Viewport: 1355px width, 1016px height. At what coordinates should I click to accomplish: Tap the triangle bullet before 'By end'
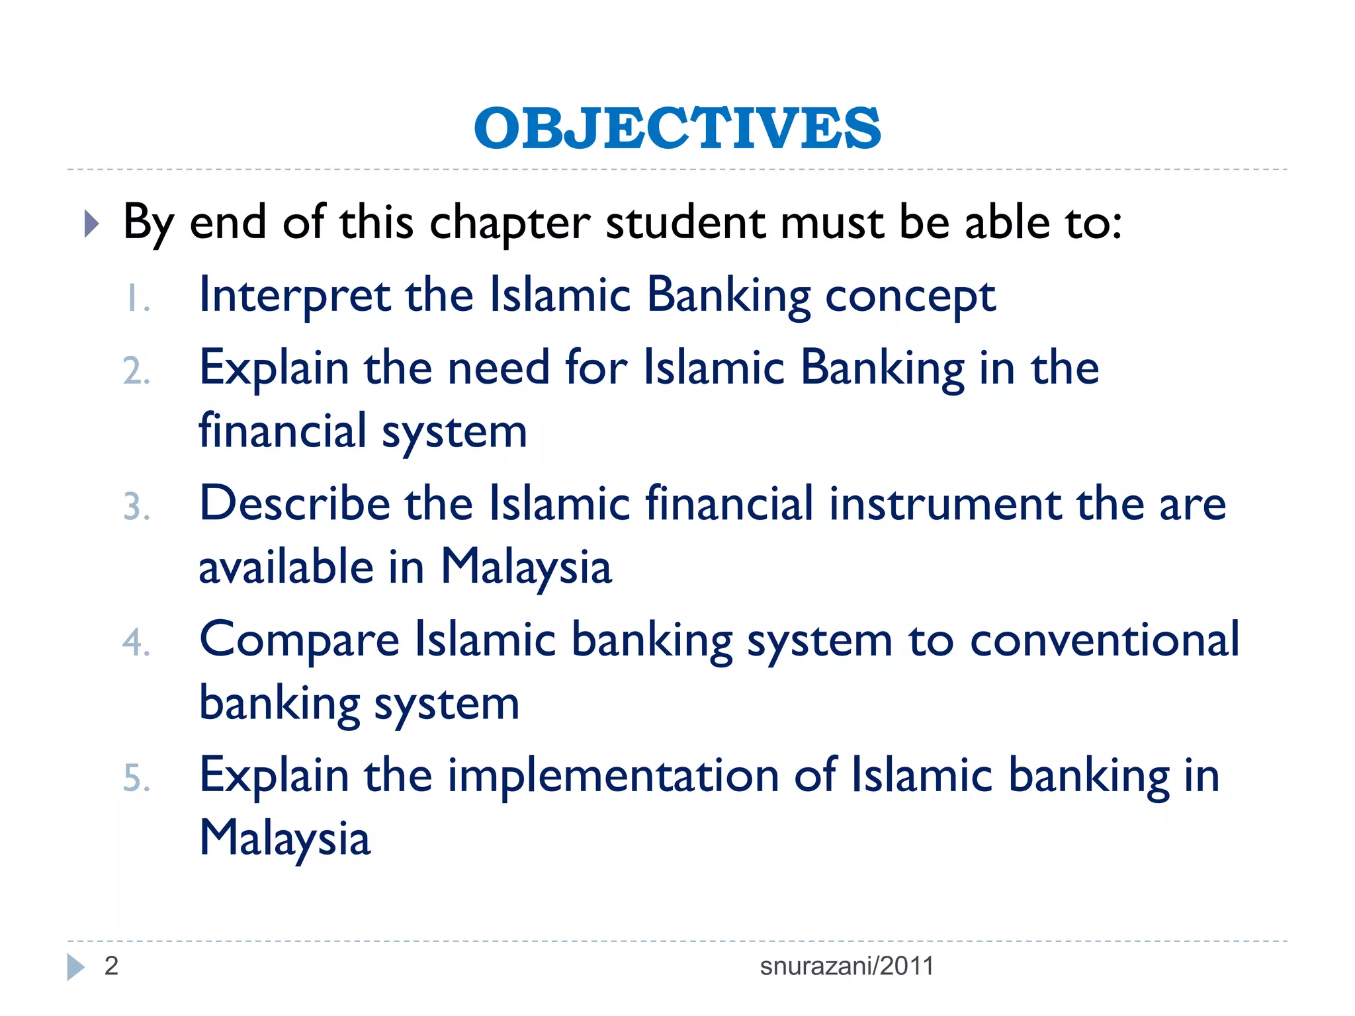pos(92,224)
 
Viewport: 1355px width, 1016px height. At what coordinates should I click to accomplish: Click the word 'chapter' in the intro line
pos(509,223)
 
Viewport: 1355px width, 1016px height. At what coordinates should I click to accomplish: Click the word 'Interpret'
pos(294,295)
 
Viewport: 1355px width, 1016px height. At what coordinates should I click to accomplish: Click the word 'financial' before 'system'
pos(283,431)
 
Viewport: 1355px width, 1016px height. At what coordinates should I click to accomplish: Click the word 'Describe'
pos(294,503)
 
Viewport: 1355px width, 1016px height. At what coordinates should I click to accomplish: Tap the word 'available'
pos(286,568)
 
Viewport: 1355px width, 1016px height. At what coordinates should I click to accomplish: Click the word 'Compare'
pos(299,640)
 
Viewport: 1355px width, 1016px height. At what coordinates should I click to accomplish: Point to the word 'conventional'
pos(1104,640)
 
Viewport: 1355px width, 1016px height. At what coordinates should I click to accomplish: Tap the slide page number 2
pos(111,966)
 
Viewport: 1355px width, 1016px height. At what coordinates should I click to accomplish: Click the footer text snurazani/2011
pos(846,966)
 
